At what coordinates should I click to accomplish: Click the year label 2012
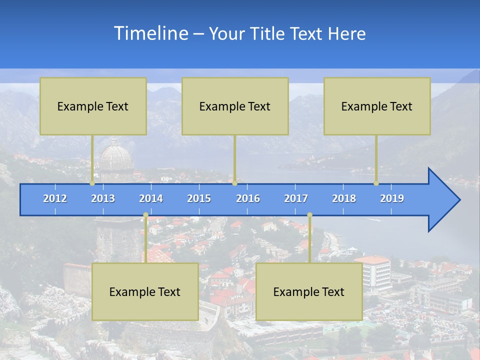click(x=55, y=198)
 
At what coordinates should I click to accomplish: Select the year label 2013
click(x=103, y=198)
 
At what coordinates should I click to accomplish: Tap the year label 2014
click(x=151, y=198)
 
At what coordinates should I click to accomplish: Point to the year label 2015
click(x=199, y=198)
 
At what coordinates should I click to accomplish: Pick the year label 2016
click(x=248, y=198)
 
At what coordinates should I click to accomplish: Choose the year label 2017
click(x=296, y=198)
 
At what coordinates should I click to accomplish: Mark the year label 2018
click(x=344, y=198)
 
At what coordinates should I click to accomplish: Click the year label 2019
click(x=392, y=198)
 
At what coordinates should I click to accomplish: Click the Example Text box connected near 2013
click(x=93, y=106)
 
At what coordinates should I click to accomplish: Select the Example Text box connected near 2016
click(x=235, y=106)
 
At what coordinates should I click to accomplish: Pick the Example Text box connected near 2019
click(x=377, y=106)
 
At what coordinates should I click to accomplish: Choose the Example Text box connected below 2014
click(x=145, y=291)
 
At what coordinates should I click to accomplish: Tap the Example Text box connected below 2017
click(x=309, y=291)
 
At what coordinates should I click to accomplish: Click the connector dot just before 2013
click(x=92, y=183)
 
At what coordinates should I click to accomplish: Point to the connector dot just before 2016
click(x=234, y=183)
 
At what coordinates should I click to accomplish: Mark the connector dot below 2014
click(x=145, y=215)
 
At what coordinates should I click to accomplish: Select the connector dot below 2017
click(x=309, y=215)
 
